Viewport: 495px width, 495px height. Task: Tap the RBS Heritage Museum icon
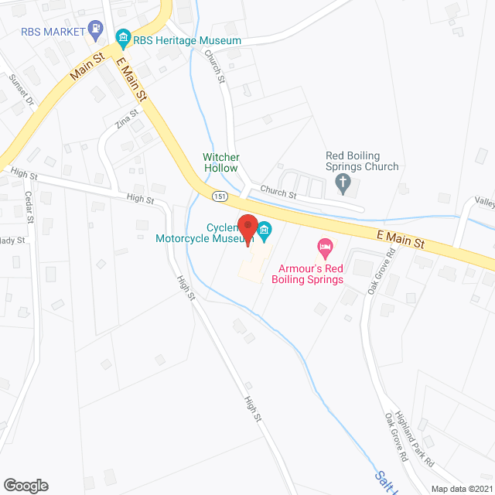tap(122, 37)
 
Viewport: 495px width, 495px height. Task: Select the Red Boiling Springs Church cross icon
tap(344, 183)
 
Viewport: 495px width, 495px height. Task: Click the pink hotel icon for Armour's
tap(326, 248)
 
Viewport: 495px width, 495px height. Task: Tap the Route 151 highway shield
tap(220, 196)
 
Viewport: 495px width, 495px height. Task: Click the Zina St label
tap(127, 118)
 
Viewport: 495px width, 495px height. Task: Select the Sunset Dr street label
tap(22, 89)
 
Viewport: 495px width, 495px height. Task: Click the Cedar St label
tap(30, 207)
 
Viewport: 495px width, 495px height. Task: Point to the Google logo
tap(26, 485)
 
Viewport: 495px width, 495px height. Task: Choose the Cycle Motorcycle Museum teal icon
tap(265, 229)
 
